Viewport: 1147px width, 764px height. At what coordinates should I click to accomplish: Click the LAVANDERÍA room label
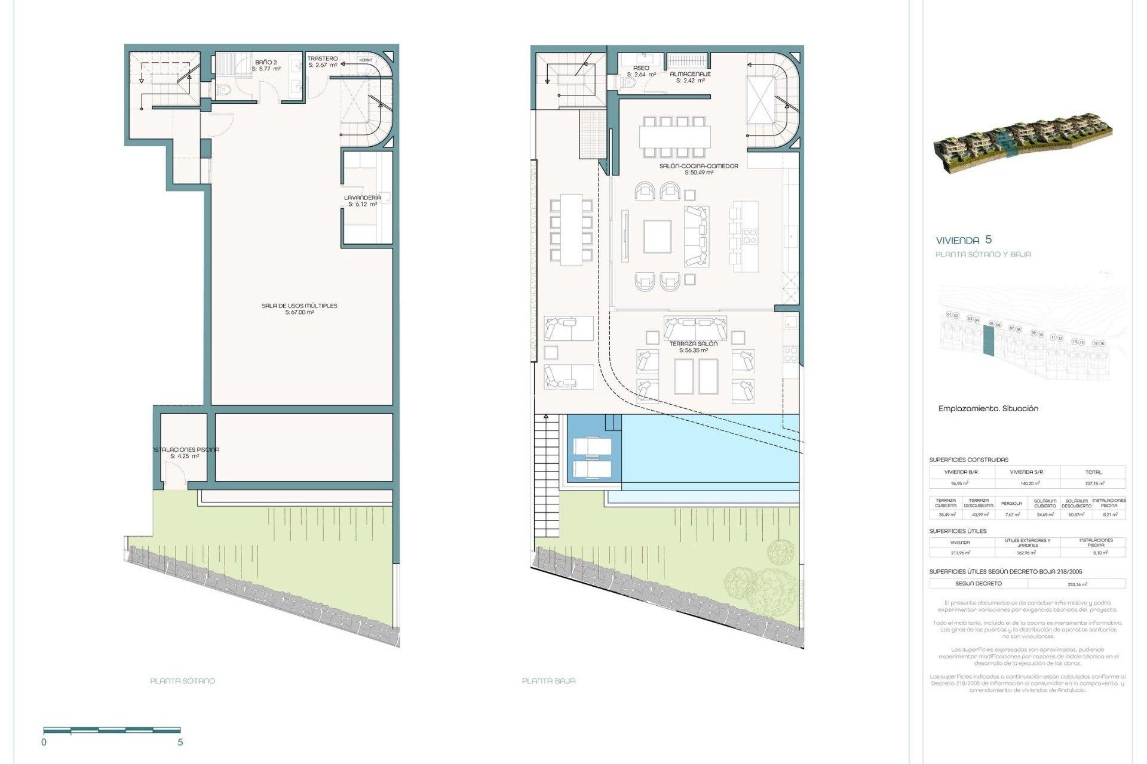tap(362, 198)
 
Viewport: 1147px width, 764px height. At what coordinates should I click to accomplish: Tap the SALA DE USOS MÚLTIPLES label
tap(299, 306)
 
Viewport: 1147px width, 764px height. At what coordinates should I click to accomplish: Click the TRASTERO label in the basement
tap(323, 58)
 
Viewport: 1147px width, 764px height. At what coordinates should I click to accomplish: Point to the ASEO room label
tap(641, 68)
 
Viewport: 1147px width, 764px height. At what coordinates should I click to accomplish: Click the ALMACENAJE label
tap(690, 74)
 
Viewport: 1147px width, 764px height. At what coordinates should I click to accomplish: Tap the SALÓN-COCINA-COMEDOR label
tap(698, 166)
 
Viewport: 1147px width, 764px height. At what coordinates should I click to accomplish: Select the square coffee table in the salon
tap(657, 237)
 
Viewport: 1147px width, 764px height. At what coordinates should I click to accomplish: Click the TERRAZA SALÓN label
tap(693, 344)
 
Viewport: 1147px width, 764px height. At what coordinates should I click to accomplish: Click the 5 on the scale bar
tap(180, 743)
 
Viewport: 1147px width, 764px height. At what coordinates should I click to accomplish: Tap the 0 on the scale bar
tap(44, 743)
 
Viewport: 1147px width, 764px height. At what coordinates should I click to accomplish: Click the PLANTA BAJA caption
tap(548, 680)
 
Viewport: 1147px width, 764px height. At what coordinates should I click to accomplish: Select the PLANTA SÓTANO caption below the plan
tap(182, 680)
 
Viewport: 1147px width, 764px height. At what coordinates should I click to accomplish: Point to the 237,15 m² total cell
tap(1093, 483)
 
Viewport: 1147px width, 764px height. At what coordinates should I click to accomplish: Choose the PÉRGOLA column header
tap(1011, 504)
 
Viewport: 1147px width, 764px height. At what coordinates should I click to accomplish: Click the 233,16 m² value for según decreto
tap(1077, 584)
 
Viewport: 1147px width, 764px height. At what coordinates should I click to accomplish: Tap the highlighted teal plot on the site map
tap(989, 343)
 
